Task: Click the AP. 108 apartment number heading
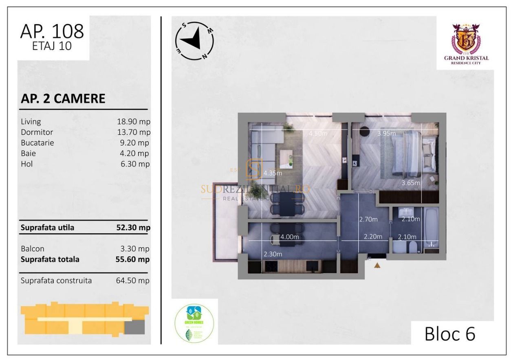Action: (x=52, y=31)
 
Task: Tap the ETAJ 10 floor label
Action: (x=52, y=46)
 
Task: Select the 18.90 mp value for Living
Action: (x=133, y=121)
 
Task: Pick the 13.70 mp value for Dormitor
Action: (x=133, y=132)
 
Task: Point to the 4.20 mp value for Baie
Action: (x=135, y=153)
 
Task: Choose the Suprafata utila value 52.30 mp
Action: (x=133, y=228)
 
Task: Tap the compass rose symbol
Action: (x=194, y=40)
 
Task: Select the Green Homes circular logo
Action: (x=194, y=321)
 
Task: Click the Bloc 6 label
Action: (x=450, y=334)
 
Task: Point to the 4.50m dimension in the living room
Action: (x=318, y=134)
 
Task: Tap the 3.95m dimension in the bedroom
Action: (x=387, y=134)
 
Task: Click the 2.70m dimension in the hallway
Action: (x=368, y=219)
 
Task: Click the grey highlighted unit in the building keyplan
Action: (x=134, y=327)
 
